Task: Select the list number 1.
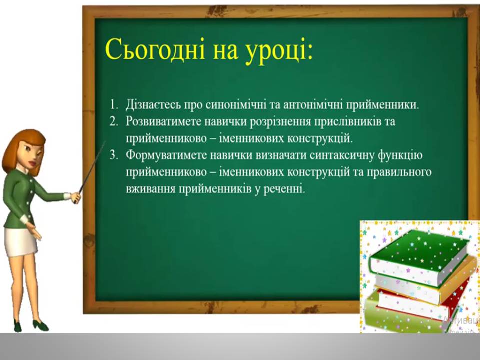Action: click(114, 105)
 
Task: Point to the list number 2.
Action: click(114, 121)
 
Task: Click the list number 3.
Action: click(114, 155)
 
